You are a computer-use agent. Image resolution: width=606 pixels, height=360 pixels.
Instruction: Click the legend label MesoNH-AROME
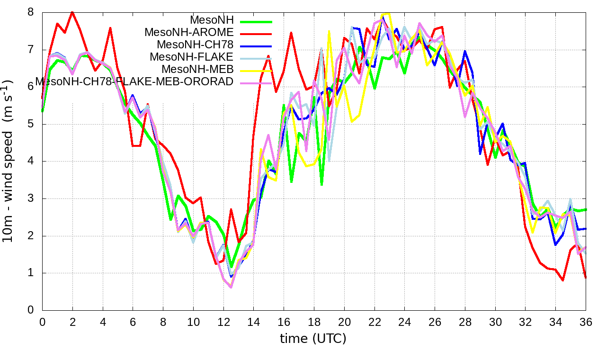(x=189, y=32)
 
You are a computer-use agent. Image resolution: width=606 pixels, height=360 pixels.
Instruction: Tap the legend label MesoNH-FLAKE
(x=191, y=57)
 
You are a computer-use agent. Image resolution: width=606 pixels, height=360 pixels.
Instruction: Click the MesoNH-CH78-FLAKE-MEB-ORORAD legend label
(x=134, y=81)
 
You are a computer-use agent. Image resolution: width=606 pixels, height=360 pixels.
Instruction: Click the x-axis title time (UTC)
(x=313, y=339)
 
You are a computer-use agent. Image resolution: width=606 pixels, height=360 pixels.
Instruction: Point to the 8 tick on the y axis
(x=31, y=12)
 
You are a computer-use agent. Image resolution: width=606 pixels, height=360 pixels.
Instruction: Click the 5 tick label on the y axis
(x=31, y=124)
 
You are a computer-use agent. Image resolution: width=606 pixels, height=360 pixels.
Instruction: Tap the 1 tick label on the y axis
(x=31, y=273)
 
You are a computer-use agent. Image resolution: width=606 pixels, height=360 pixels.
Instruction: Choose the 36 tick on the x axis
(x=586, y=321)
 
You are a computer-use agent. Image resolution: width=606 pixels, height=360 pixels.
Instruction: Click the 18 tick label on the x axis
(x=314, y=321)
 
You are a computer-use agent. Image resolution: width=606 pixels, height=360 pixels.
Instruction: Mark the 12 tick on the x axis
(x=223, y=321)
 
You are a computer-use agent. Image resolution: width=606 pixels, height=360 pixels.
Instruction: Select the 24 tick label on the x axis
(x=404, y=321)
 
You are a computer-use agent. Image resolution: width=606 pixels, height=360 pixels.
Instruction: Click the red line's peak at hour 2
(x=72, y=12)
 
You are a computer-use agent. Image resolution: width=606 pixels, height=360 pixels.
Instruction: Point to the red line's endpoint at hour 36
(x=586, y=278)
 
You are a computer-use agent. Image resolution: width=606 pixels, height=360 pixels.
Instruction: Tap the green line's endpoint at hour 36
(x=586, y=209)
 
